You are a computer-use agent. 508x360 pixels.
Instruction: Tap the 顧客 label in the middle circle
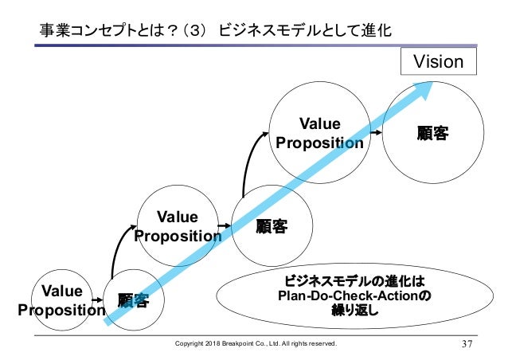pyautogui.click(x=272, y=227)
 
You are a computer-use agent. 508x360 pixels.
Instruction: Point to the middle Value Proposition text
pyautogui.click(x=178, y=225)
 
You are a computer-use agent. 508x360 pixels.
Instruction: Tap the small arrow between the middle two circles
pyautogui.click(x=225, y=226)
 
